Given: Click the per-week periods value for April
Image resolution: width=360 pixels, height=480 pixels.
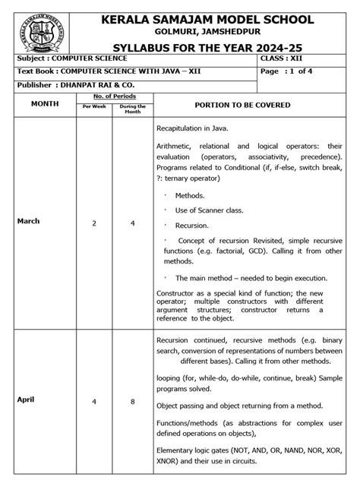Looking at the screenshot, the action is [94, 400].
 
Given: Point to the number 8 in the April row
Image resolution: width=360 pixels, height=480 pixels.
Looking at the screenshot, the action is [132, 400].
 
